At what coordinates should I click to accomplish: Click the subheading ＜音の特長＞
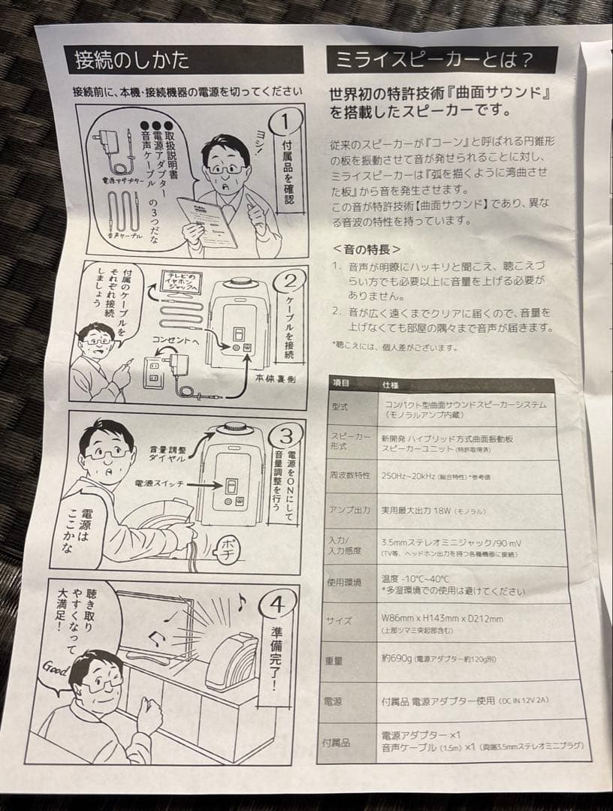click(366, 249)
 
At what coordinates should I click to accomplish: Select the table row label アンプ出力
click(350, 510)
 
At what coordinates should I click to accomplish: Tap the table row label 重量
click(336, 661)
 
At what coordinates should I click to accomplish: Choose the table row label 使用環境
click(346, 583)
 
